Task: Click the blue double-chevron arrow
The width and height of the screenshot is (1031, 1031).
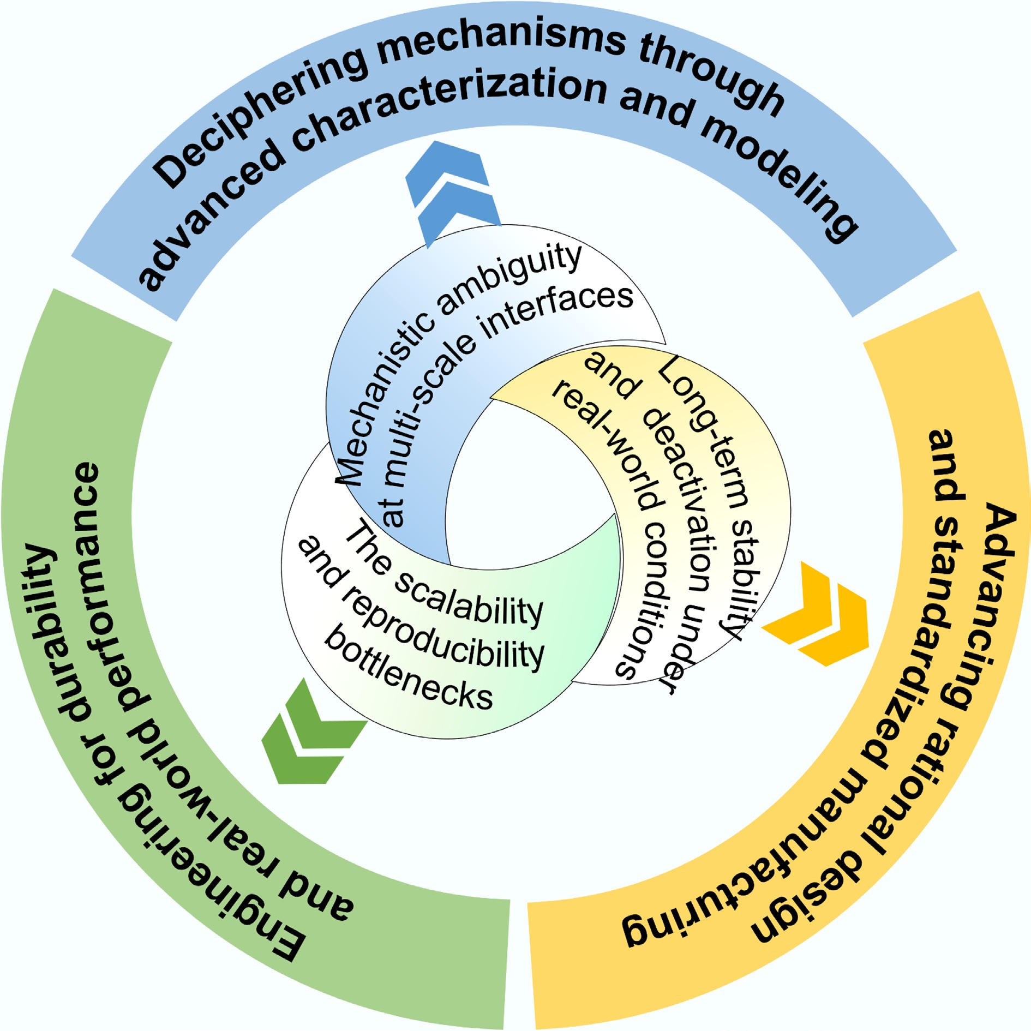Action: [x=452, y=191]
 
